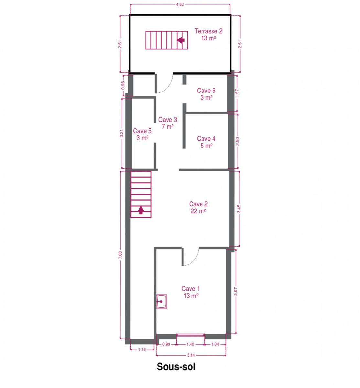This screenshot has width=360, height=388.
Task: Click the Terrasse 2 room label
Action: tap(208, 35)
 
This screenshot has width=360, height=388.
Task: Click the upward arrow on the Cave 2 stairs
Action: tap(141, 210)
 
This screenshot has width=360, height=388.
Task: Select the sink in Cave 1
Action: tap(161, 301)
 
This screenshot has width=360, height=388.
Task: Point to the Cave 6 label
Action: tap(206, 94)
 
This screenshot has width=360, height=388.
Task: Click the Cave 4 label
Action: tap(206, 142)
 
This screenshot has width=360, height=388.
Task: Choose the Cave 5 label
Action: tap(142, 134)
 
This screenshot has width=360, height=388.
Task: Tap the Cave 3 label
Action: tap(168, 123)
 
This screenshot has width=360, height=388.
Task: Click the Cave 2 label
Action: tap(198, 207)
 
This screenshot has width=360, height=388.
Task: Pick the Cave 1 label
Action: tap(191, 292)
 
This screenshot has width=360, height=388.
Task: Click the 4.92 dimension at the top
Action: tap(180, 5)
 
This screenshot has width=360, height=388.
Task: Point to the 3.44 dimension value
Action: tap(191, 355)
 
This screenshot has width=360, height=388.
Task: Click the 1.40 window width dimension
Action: tap(190, 344)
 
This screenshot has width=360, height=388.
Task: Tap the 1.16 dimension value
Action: tap(142, 350)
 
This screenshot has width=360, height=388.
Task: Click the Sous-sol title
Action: tap(176, 367)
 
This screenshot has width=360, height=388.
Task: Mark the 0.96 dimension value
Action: tap(123, 85)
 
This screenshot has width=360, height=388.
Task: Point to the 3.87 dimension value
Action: tap(236, 291)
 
